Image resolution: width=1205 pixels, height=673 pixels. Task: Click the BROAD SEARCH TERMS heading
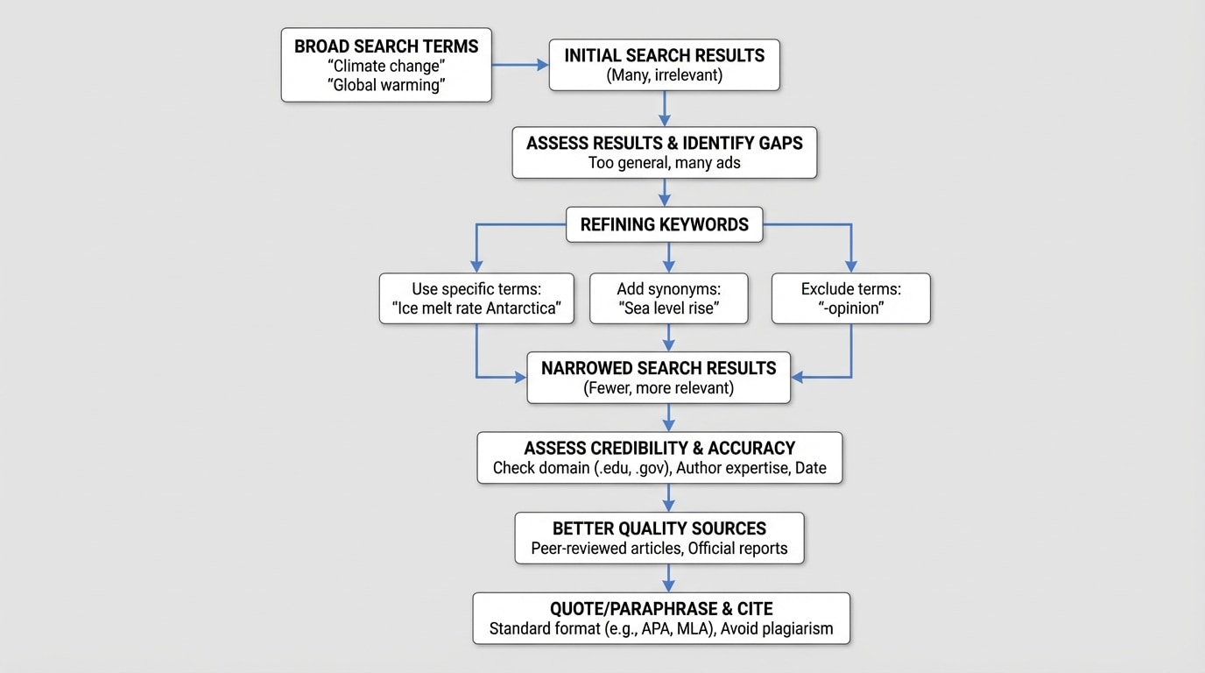386,46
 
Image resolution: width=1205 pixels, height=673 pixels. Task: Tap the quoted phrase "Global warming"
386,85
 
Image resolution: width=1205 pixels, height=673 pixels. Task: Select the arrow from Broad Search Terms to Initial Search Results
519,65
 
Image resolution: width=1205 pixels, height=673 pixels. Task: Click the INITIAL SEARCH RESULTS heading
664,55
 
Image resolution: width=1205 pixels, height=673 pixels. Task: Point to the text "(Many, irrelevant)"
664,75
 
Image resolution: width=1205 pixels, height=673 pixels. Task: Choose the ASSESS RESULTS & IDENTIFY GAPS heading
664,143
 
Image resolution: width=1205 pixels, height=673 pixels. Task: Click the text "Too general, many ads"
664,163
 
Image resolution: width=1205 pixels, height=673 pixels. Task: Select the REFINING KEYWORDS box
664,224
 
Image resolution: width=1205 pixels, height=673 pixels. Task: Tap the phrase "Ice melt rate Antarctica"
476,309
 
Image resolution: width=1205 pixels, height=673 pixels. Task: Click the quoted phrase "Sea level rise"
669,309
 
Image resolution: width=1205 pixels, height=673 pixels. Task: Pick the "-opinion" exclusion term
850,309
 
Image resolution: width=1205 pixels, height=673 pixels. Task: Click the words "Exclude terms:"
850,289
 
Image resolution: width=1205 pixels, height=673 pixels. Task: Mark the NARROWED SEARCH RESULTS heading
659,368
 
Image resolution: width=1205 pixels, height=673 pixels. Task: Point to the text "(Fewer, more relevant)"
659,388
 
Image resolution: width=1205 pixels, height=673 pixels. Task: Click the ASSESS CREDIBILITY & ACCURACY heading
659,448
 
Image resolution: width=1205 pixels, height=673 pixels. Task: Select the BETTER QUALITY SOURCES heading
659,528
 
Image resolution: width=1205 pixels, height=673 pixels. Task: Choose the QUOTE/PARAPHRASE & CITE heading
661,609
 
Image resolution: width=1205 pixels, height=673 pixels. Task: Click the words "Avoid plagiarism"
777,629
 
